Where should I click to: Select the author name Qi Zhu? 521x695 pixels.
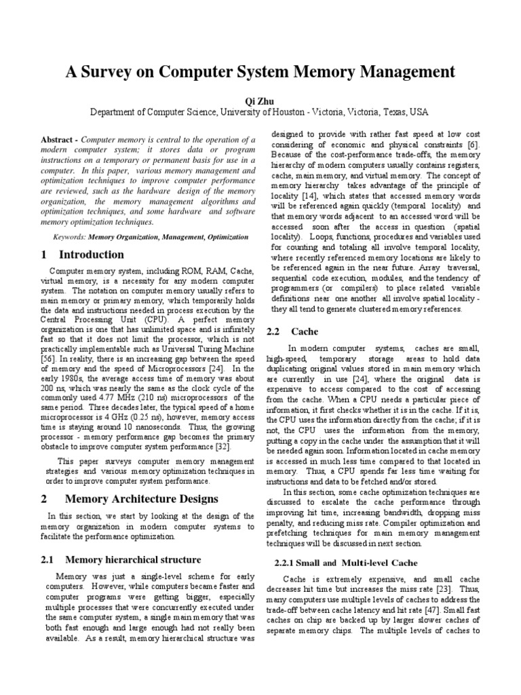pos(260,100)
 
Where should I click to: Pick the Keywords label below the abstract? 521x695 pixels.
pos(70,236)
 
